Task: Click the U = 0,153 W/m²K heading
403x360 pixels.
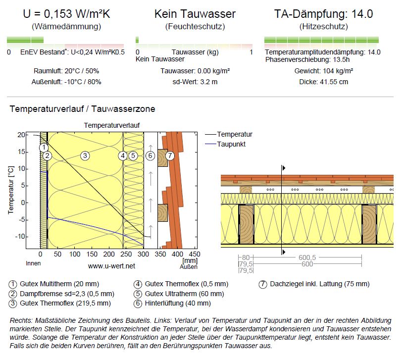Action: click(x=66, y=14)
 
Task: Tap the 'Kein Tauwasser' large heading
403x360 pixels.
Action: click(x=195, y=14)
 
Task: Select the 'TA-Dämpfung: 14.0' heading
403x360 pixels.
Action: click(x=323, y=14)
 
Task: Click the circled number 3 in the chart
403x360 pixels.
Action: click(x=85, y=155)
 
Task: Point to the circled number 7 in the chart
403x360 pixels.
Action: click(x=170, y=155)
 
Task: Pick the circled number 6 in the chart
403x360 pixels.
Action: click(x=151, y=155)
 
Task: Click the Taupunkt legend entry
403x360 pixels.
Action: click(x=225, y=144)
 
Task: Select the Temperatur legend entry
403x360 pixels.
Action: click(x=229, y=134)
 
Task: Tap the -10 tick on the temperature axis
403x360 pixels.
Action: click(x=20, y=236)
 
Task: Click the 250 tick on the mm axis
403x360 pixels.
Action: click(x=126, y=255)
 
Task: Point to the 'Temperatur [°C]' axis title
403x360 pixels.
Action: click(x=10, y=190)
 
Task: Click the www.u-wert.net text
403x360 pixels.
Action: click(x=111, y=266)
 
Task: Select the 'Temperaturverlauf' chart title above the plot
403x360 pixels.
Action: click(x=111, y=125)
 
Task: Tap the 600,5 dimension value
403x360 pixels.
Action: click(x=307, y=257)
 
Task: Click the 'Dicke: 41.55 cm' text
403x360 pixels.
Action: click(x=324, y=82)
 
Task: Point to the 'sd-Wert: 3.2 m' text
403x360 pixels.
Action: click(x=195, y=82)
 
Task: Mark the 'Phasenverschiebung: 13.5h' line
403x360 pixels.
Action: click(x=307, y=59)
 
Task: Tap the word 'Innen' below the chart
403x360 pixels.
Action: click(x=33, y=263)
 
